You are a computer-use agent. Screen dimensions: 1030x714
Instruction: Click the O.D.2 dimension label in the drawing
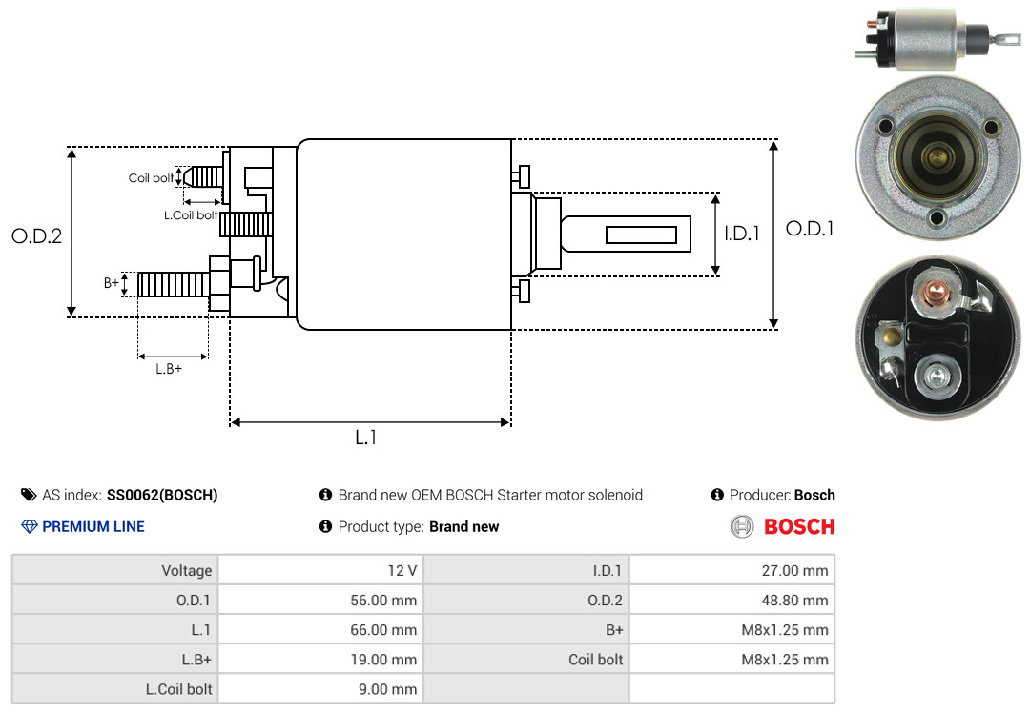point(37,235)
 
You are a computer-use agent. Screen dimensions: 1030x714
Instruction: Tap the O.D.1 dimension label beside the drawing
point(810,229)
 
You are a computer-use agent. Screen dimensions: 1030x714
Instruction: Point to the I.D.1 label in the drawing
point(742,234)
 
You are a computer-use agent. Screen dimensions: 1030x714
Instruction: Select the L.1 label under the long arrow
point(366,438)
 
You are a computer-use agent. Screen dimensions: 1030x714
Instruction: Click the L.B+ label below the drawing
point(169,369)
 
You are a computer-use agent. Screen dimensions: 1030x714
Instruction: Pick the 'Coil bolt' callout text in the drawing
point(151,178)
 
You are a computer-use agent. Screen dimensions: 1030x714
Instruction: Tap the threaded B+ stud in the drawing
point(174,284)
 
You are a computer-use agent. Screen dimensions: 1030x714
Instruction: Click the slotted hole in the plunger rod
point(641,235)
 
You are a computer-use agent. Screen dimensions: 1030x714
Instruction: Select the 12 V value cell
point(320,570)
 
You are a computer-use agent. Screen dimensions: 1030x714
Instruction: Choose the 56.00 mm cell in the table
point(320,600)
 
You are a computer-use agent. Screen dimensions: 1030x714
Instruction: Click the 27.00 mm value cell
point(731,570)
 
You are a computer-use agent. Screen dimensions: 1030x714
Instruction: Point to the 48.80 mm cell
point(731,600)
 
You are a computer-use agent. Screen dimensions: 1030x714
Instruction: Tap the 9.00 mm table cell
point(320,689)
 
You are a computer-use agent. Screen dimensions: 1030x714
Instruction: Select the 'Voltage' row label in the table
point(187,570)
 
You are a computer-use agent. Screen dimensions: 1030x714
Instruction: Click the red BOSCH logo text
point(799,527)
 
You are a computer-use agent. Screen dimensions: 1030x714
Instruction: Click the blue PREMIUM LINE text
point(93,527)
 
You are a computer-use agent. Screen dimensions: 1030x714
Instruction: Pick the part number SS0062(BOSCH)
point(162,495)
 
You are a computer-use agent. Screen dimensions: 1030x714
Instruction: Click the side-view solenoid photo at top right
point(938,39)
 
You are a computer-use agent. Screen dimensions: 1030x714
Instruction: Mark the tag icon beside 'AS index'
point(29,495)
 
